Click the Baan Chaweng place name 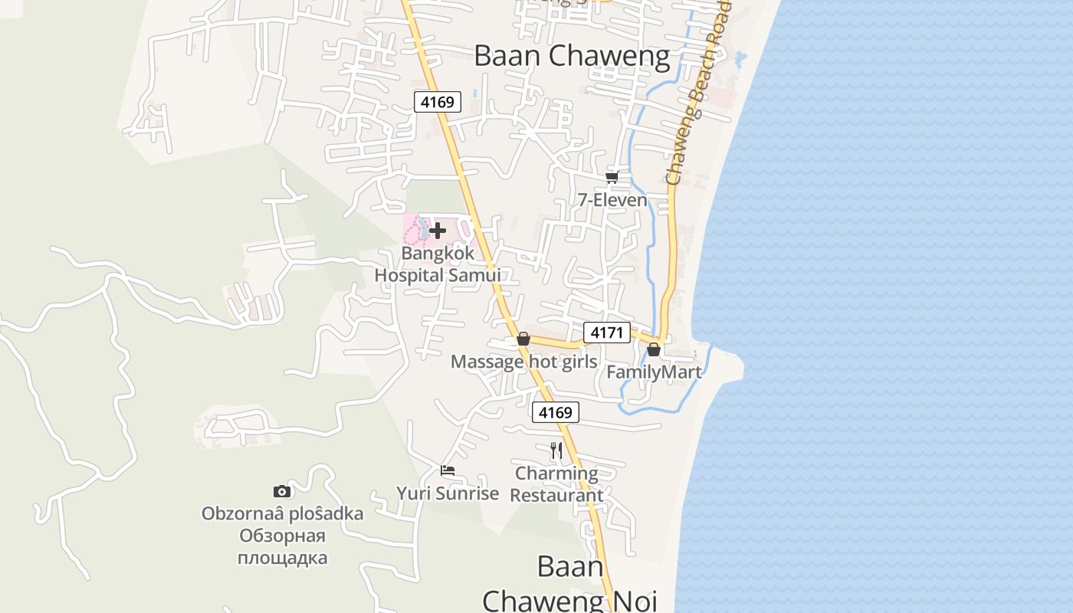[572, 56]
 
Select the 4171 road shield [607, 333]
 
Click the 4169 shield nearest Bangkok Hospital [437, 101]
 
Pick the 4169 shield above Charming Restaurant [556, 413]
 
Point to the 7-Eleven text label [612, 200]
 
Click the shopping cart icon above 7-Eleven [612, 178]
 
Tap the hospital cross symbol [438, 230]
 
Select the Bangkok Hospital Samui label [438, 264]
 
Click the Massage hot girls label [523, 362]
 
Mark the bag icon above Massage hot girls [523, 339]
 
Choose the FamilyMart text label [654, 372]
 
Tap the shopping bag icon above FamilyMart [654, 349]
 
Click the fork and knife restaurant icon [556, 450]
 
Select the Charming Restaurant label [556, 484]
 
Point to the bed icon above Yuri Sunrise [448, 470]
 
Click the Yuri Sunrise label [448, 493]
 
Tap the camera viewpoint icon [282, 491]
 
